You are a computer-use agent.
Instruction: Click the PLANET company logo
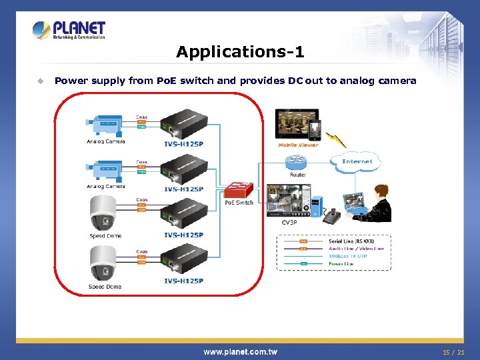(69, 29)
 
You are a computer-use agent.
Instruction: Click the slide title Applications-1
(240, 51)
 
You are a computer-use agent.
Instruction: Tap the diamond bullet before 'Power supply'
(40, 81)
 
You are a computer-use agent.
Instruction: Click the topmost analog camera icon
(104, 127)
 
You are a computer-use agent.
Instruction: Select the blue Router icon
(295, 163)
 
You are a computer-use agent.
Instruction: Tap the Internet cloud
(357, 161)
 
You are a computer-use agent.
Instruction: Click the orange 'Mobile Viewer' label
(298, 145)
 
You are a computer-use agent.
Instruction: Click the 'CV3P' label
(289, 222)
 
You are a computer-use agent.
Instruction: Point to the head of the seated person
(381, 193)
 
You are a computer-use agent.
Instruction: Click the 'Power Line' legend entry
(341, 264)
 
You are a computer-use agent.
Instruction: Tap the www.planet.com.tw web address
(240, 352)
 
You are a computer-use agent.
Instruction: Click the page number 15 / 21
(453, 352)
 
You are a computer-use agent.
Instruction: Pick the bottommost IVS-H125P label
(183, 281)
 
